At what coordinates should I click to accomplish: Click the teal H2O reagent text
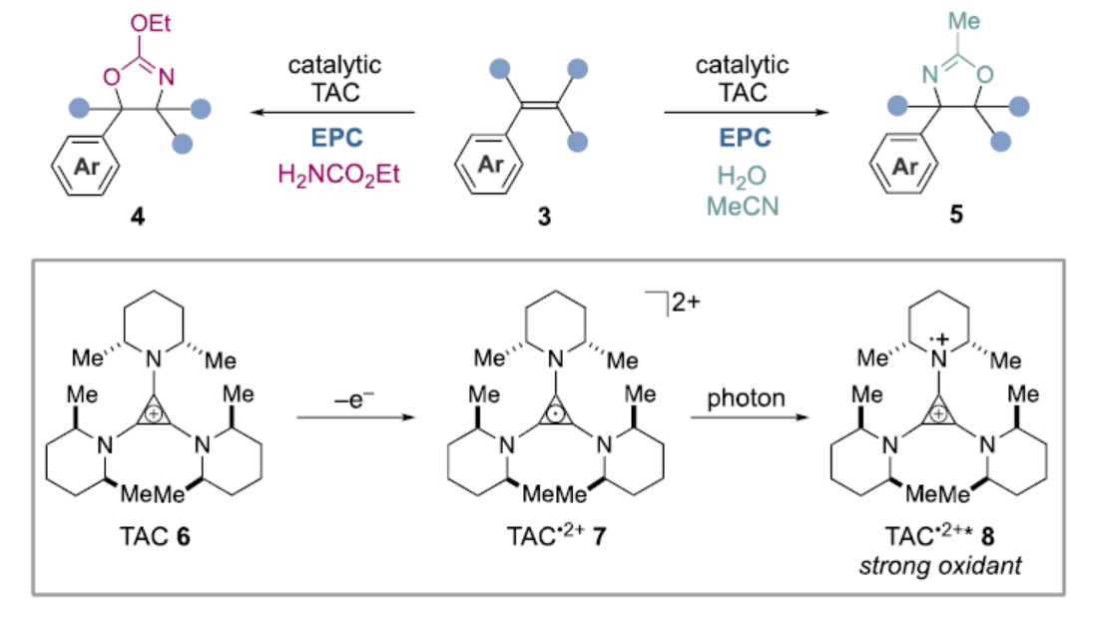(x=743, y=176)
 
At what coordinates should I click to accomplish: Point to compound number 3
(x=544, y=217)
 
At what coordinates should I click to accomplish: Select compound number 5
(x=956, y=217)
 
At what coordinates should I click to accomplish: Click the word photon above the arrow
(x=747, y=398)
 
